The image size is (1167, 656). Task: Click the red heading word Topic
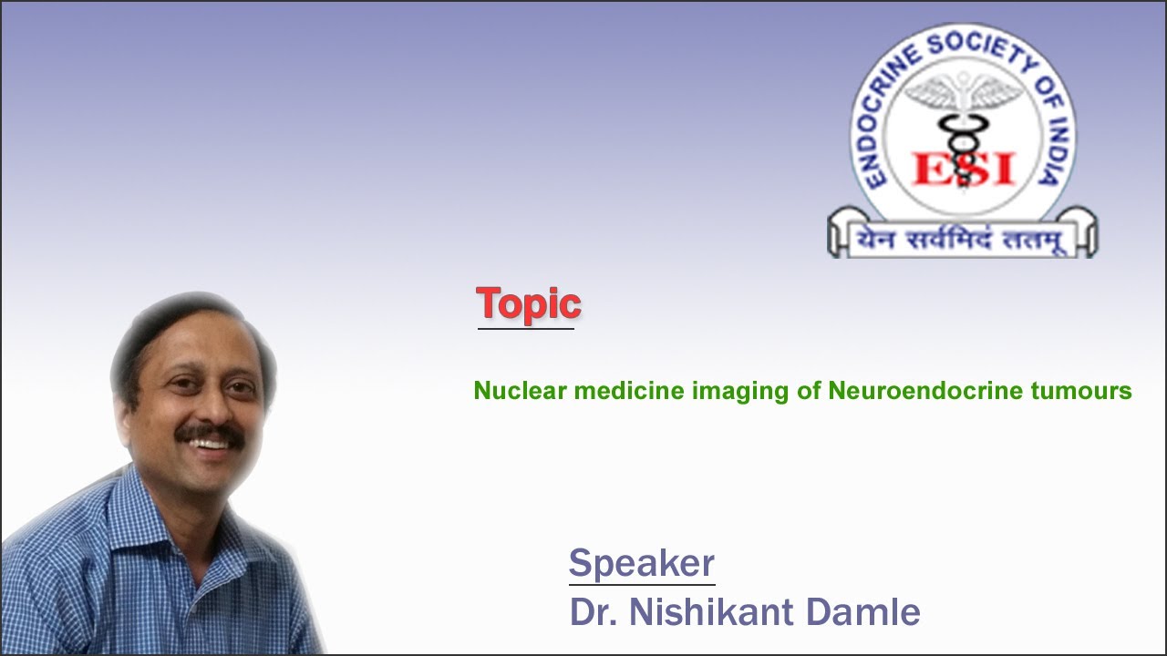point(528,303)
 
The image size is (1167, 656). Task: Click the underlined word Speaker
point(641,563)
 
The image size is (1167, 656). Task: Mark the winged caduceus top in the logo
point(963,96)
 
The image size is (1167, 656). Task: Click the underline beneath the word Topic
point(526,328)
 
